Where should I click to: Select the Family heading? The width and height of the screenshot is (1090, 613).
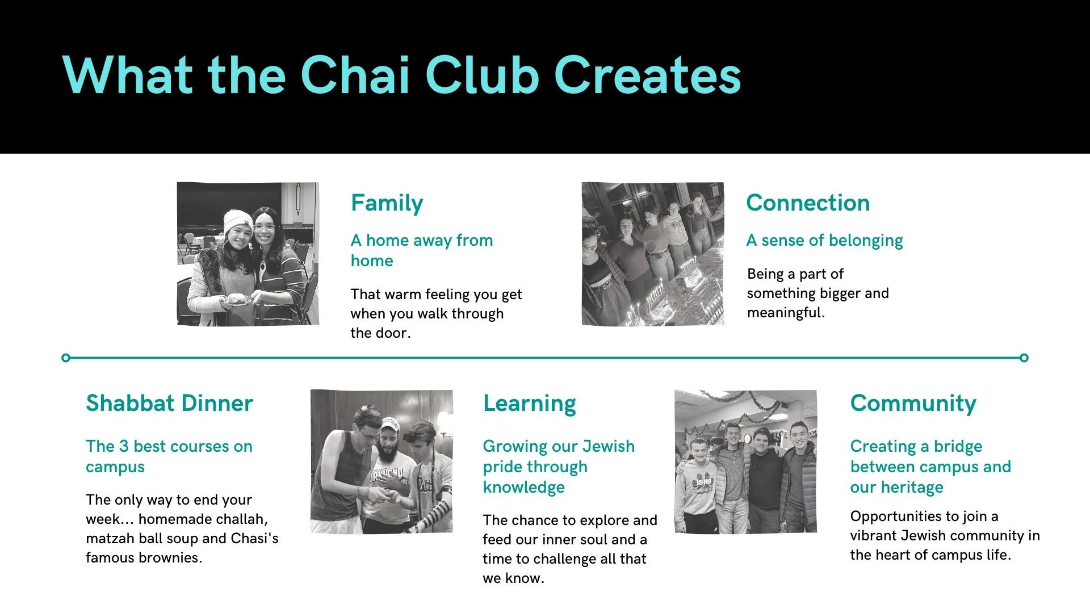[x=387, y=203]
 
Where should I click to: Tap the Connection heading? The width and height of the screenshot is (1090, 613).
[x=807, y=203]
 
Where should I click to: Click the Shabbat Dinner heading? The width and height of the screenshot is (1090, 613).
[x=169, y=404]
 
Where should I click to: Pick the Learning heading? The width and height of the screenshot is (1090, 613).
[x=529, y=404]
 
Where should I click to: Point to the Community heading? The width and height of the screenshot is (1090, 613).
[x=913, y=404]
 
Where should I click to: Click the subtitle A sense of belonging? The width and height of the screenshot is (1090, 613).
[x=824, y=241]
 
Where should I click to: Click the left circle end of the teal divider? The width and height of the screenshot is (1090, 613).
[x=66, y=358]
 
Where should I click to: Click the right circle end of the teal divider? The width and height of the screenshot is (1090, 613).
[x=1024, y=358]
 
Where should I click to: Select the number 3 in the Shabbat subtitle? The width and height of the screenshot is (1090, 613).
[x=124, y=447]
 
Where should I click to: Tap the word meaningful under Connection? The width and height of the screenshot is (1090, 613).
[x=785, y=313]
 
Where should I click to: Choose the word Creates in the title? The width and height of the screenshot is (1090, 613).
[x=647, y=75]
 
